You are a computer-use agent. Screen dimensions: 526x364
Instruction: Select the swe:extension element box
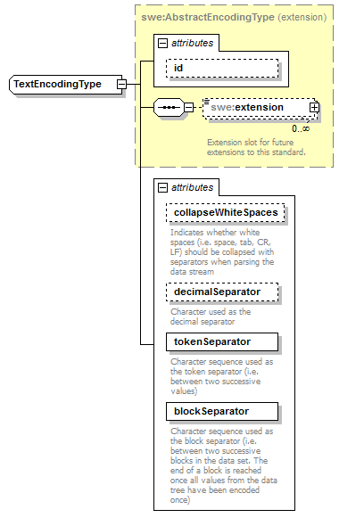pyautogui.click(x=256, y=108)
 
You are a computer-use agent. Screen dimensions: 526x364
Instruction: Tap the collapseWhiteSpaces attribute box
pyautogui.click(x=224, y=213)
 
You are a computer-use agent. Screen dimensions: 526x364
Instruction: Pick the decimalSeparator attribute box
pyautogui.click(x=221, y=292)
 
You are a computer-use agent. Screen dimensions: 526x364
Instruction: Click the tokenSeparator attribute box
pyautogui.click(x=221, y=342)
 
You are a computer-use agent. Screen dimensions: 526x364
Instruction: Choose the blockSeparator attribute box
pyautogui.click(x=221, y=411)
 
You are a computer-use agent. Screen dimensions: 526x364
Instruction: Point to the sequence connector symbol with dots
pyautogui.click(x=169, y=108)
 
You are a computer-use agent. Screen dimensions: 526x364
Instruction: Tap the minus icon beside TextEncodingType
pyautogui.click(x=121, y=85)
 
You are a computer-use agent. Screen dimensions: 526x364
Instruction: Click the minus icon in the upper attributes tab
pyautogui.click(x=161, y=42)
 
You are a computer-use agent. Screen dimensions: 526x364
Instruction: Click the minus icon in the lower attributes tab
pyautogui.click(x=161, y=187)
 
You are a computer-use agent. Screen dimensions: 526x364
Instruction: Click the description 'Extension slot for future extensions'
pyautogui.click(x=255, y=147)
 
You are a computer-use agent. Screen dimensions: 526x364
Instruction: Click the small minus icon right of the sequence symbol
pyautogui.click(x=189, y=108)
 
